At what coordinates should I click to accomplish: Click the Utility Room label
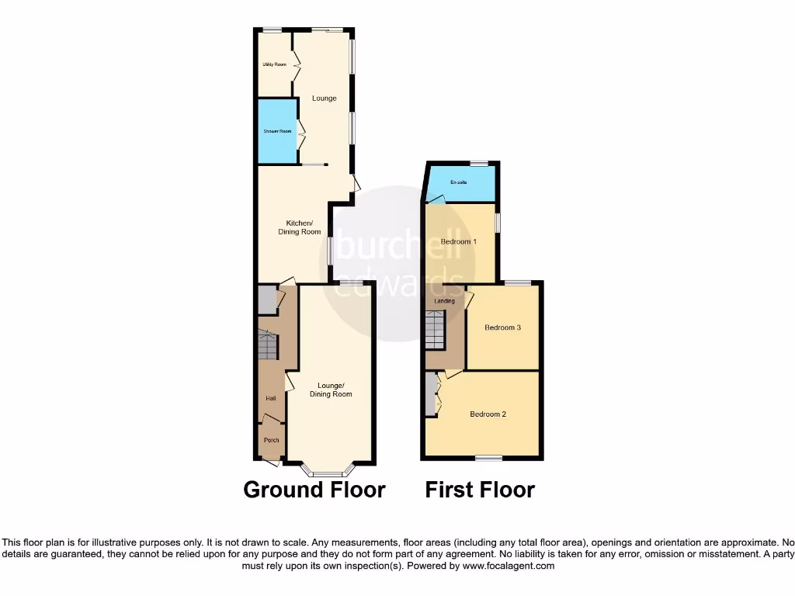tap(274, 64)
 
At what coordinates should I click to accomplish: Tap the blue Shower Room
tap(277, 131)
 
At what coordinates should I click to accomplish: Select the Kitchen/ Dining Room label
tap(300, 227)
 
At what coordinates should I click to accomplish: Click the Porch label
tap(271, 440)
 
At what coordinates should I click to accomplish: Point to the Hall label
tap(271, 398)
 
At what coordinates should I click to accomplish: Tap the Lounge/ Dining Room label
tap(331, 390)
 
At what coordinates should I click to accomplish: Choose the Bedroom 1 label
tap(459, 241)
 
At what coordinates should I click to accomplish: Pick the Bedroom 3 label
tap(502, 327)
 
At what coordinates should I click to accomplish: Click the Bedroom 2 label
tap(488, 414)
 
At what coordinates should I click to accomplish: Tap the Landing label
tap(445, 300)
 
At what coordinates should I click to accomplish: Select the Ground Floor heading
tap(314, 490)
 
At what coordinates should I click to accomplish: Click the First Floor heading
tap(480, 490)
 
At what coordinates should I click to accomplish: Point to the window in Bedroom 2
tap(488, 457)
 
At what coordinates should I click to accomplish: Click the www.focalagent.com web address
tap(508, 566)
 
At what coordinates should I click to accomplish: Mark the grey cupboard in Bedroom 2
tap(430, 395)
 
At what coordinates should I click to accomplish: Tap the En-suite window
tap(479, 164)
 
